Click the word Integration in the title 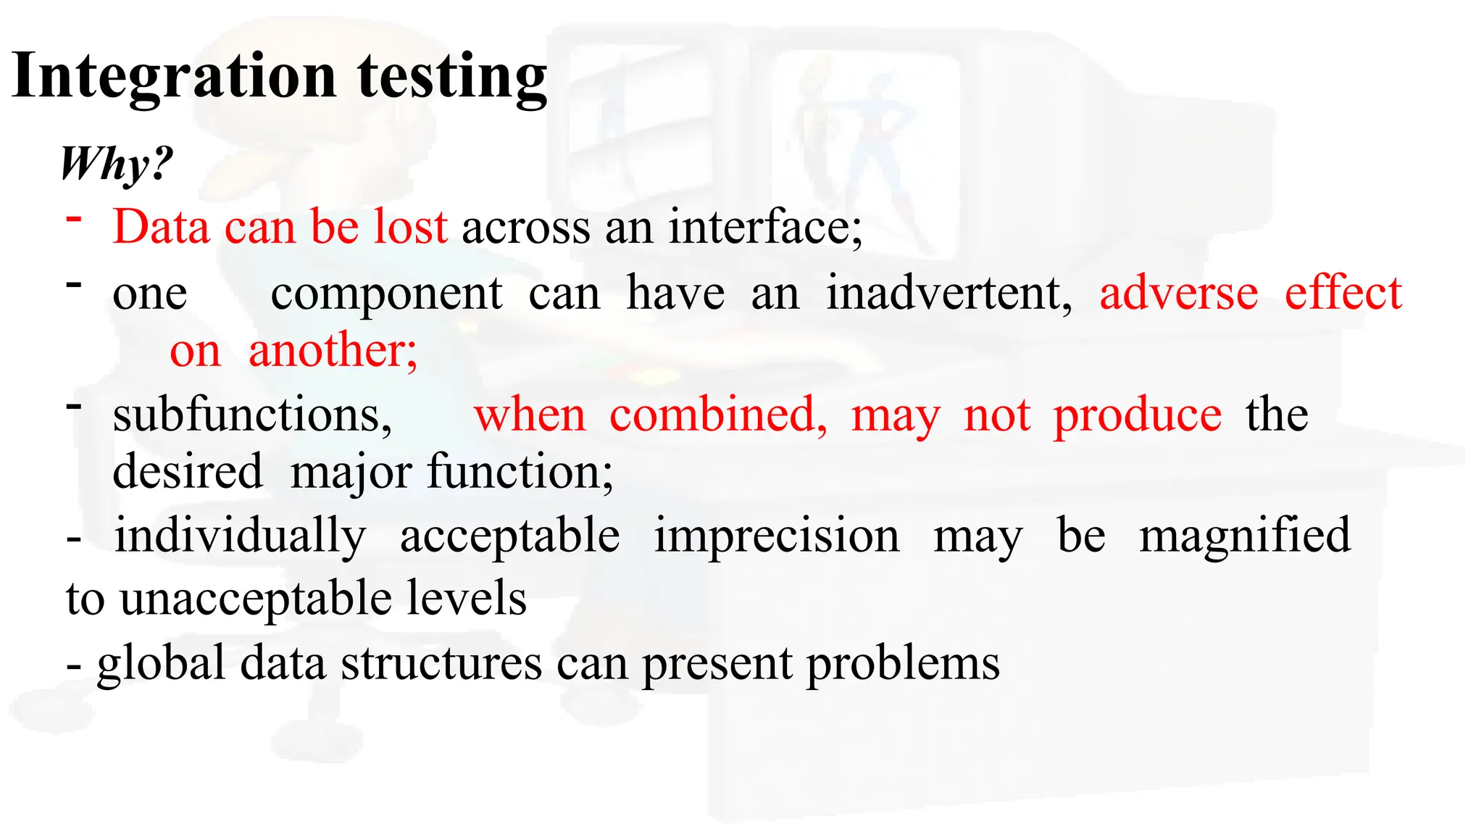pos(174,77)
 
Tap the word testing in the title pos(452,78)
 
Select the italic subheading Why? pos(117,164)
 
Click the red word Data pos(161,227)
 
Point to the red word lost pos(410,227)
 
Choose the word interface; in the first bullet pos(765,227)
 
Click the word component pos(386,294)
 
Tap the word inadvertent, pos(949,294)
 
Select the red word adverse pos(1179,294)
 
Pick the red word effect pos(1343,294)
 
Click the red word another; pos(333,351)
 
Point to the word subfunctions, pos(252,416)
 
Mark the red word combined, pos(718,416)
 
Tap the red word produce pos(1138,416)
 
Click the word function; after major pos(520,473)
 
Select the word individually pos(240,536)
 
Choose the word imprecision pos(777,536)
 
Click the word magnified pos(1245,536)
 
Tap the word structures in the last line pos(441,664)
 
